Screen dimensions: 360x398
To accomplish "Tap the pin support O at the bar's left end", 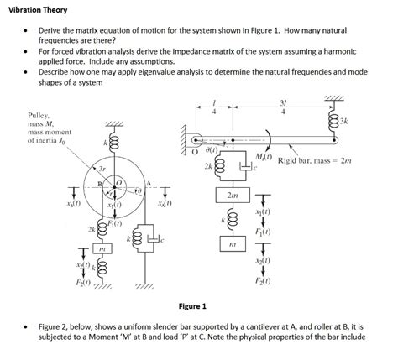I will click(196, 141).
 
